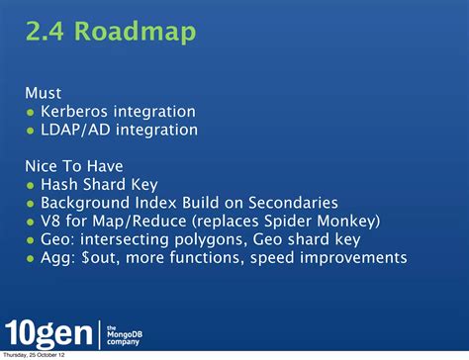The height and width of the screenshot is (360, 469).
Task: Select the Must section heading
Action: click(44, 93)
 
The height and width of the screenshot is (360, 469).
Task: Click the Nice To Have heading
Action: click(73, 165)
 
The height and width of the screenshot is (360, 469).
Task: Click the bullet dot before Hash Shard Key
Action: click(31, 185)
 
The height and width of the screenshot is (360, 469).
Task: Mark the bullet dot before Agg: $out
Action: click(31, 258)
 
